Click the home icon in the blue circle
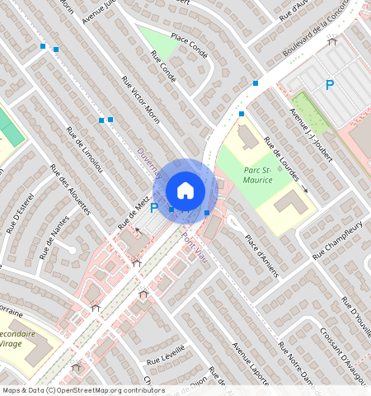185,191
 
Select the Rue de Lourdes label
283,162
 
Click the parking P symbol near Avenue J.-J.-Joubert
330,84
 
